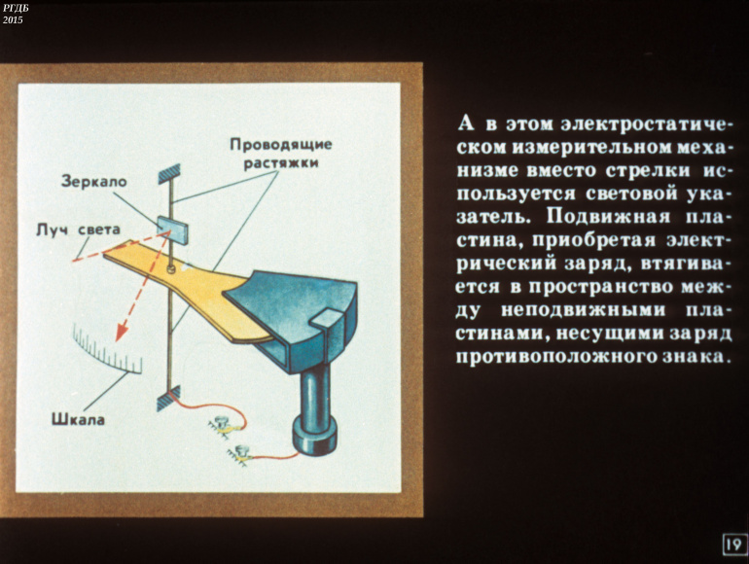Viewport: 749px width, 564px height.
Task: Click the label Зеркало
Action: [93, 181]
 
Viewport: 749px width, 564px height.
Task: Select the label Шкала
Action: [79, 420]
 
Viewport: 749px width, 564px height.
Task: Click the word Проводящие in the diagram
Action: [280, 144]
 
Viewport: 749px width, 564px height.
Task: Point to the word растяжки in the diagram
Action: [281, 163]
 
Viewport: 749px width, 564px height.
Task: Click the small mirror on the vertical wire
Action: [173, 225]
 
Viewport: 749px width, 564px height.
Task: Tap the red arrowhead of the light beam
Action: [122, 335]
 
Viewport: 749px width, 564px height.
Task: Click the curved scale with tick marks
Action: [107, 351]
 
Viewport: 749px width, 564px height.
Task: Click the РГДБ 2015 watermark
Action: [16, 14]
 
